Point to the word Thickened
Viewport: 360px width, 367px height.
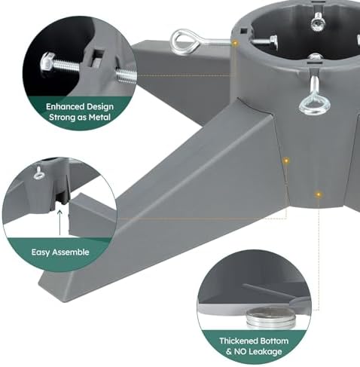pos(239,341)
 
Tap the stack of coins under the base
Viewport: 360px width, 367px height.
pos(270,318)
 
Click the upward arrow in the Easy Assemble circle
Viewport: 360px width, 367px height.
pos(59,222)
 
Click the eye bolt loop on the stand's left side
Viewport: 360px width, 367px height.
pos(185,41)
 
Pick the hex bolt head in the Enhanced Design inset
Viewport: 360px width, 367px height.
pos(47,63)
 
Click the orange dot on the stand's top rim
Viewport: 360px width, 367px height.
pos(235,43)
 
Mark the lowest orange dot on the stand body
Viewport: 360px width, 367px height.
pos(319,194)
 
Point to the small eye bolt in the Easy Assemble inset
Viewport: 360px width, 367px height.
pos(39,173)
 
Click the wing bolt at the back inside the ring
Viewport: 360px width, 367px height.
pos(318,23)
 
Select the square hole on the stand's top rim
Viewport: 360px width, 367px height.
pos(244,31)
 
